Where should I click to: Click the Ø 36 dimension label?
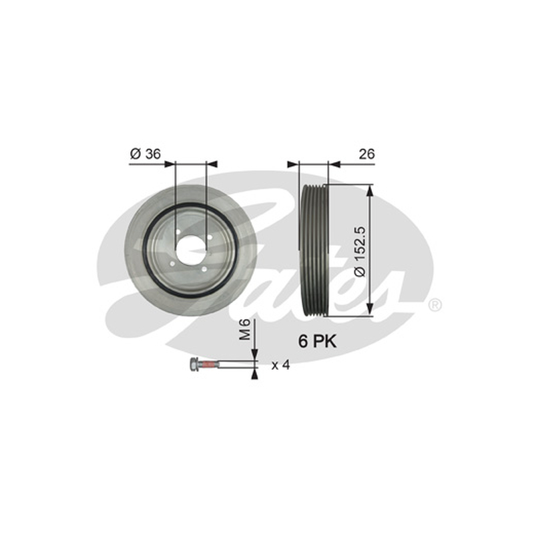[x=145, y=154]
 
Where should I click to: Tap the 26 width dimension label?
[x=366, y=154]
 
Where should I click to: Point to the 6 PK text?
[x=318, y=341]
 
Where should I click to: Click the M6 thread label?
[x=244, y=329]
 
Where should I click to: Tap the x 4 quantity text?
[x=280, y=365]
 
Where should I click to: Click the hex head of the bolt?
[x=194, y=364]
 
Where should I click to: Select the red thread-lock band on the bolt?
[x=208, y=365]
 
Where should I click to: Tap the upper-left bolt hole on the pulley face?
[x=178, y=232]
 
